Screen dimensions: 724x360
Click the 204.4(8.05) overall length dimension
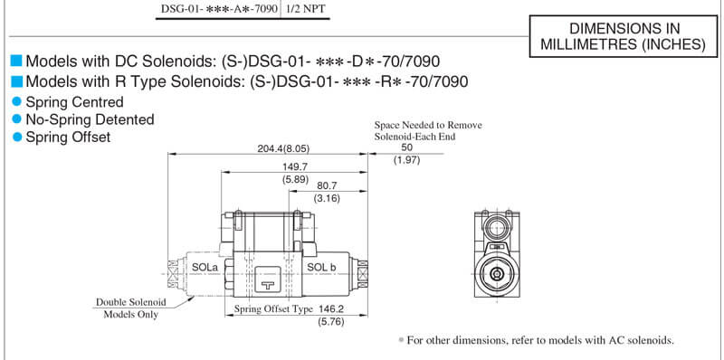pyautogui.click(x=283, y=148)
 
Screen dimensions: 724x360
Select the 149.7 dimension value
pyautogui.click(x=295, y=166)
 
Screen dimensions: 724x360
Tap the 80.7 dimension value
pyautogui.click(x=327, y=185)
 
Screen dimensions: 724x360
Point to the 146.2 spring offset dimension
pyautogui.click(x=331, y=308)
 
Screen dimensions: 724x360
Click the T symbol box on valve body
pyautogui.click(x=267, y=280)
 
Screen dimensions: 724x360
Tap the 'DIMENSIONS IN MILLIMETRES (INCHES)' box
pyautogui.click(x=624, y=36)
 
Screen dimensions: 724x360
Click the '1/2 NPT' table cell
pyautogui.click(x=306, y=9)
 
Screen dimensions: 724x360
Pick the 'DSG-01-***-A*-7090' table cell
pyautogui.click(x=219, y=9)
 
